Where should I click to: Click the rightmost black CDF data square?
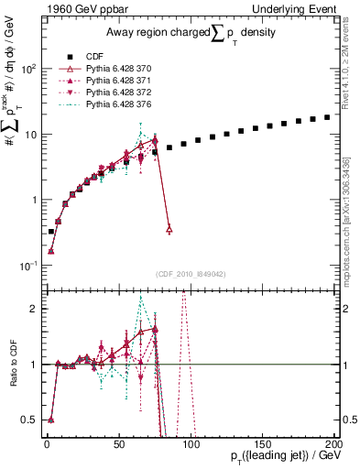pos(327,117)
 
